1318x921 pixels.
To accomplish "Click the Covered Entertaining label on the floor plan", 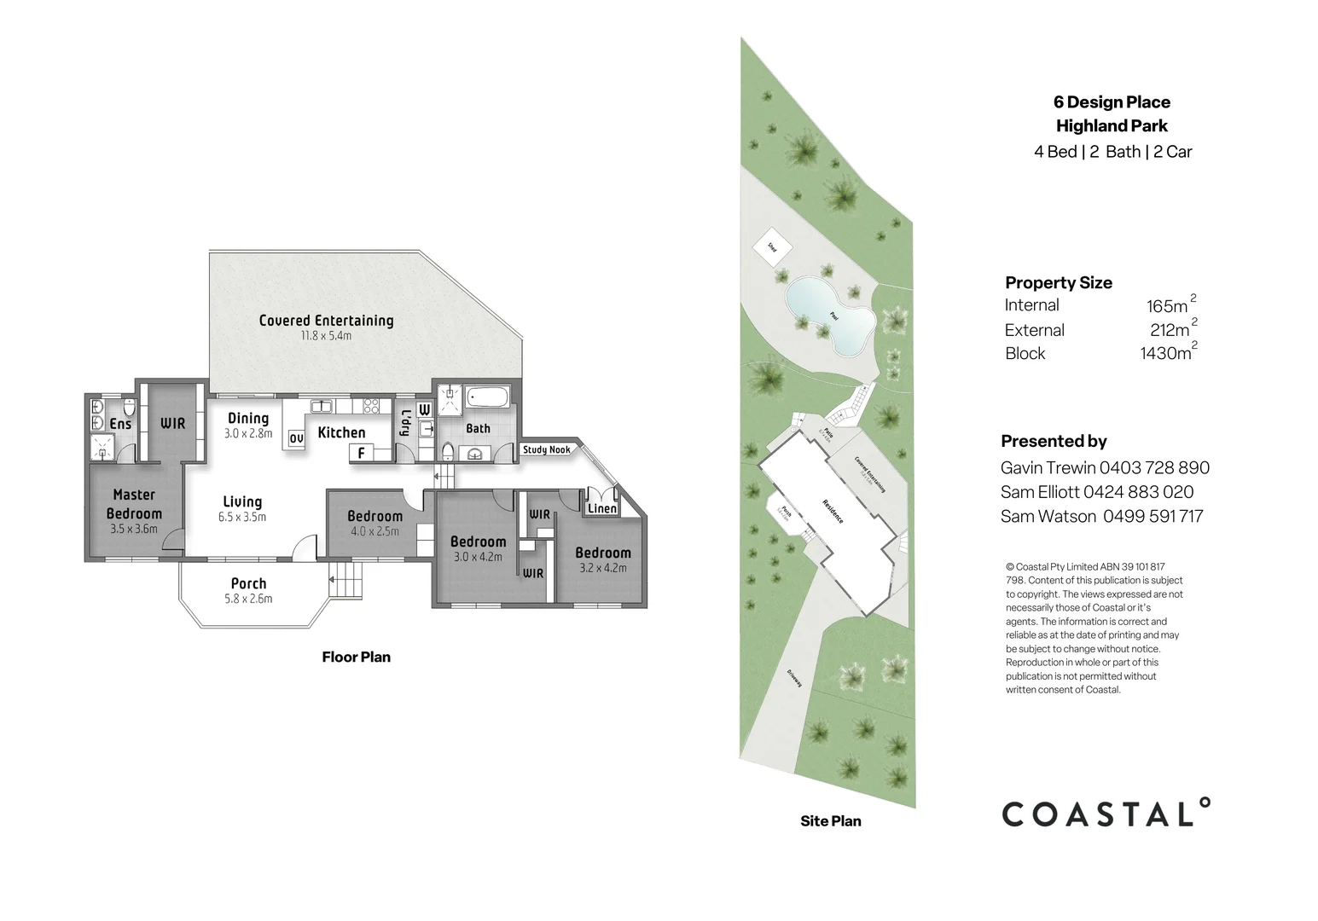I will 326,321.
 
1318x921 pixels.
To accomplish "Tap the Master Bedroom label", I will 134,504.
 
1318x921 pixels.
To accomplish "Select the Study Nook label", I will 547,449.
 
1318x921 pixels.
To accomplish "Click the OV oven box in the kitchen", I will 296,438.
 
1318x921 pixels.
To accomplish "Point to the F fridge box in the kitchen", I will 361,453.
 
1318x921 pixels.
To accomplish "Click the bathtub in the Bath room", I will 488,398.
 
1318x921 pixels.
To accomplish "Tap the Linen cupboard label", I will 602,509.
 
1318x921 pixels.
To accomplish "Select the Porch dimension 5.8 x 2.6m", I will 248,599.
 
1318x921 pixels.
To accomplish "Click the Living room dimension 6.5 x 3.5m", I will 242,517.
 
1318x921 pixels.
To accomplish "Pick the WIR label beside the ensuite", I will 173,423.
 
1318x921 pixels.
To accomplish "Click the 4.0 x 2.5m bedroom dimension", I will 374,531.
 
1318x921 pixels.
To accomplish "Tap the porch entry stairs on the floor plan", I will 345,581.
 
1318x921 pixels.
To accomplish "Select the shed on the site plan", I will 772,247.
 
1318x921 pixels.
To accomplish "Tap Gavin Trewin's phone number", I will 1154,467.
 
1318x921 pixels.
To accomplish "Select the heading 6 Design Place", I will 1112,102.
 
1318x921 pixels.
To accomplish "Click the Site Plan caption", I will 830,821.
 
